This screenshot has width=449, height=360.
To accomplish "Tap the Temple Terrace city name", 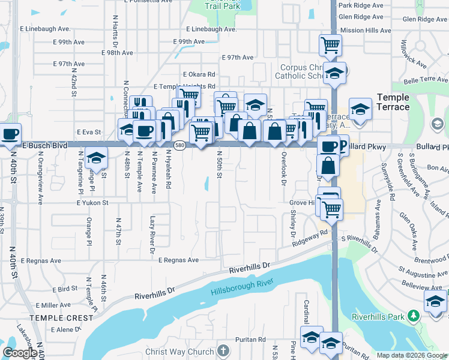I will pyautogui.click(x=393, y=102).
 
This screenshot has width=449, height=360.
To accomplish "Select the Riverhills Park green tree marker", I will pyautogui.click(x=412, y=316).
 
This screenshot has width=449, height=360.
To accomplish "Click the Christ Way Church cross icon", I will pyautogui.click(x=223, y=350).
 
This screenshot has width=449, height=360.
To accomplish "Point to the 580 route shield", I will pyautogui.click(x=179, y=145).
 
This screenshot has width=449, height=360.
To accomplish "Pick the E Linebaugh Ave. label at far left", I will pyautogui.click(x=45, y=29).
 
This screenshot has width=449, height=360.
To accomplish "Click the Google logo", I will pyautogui.click(x=20, y=353).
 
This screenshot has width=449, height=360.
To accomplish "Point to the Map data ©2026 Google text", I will pyautogui.click(x=412, y=355).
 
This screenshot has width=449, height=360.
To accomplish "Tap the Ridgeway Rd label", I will pyautogui.click(x=310, y=239).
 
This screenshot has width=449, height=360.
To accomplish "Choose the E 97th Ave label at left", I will pyautogui.click(x=68, y=64).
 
